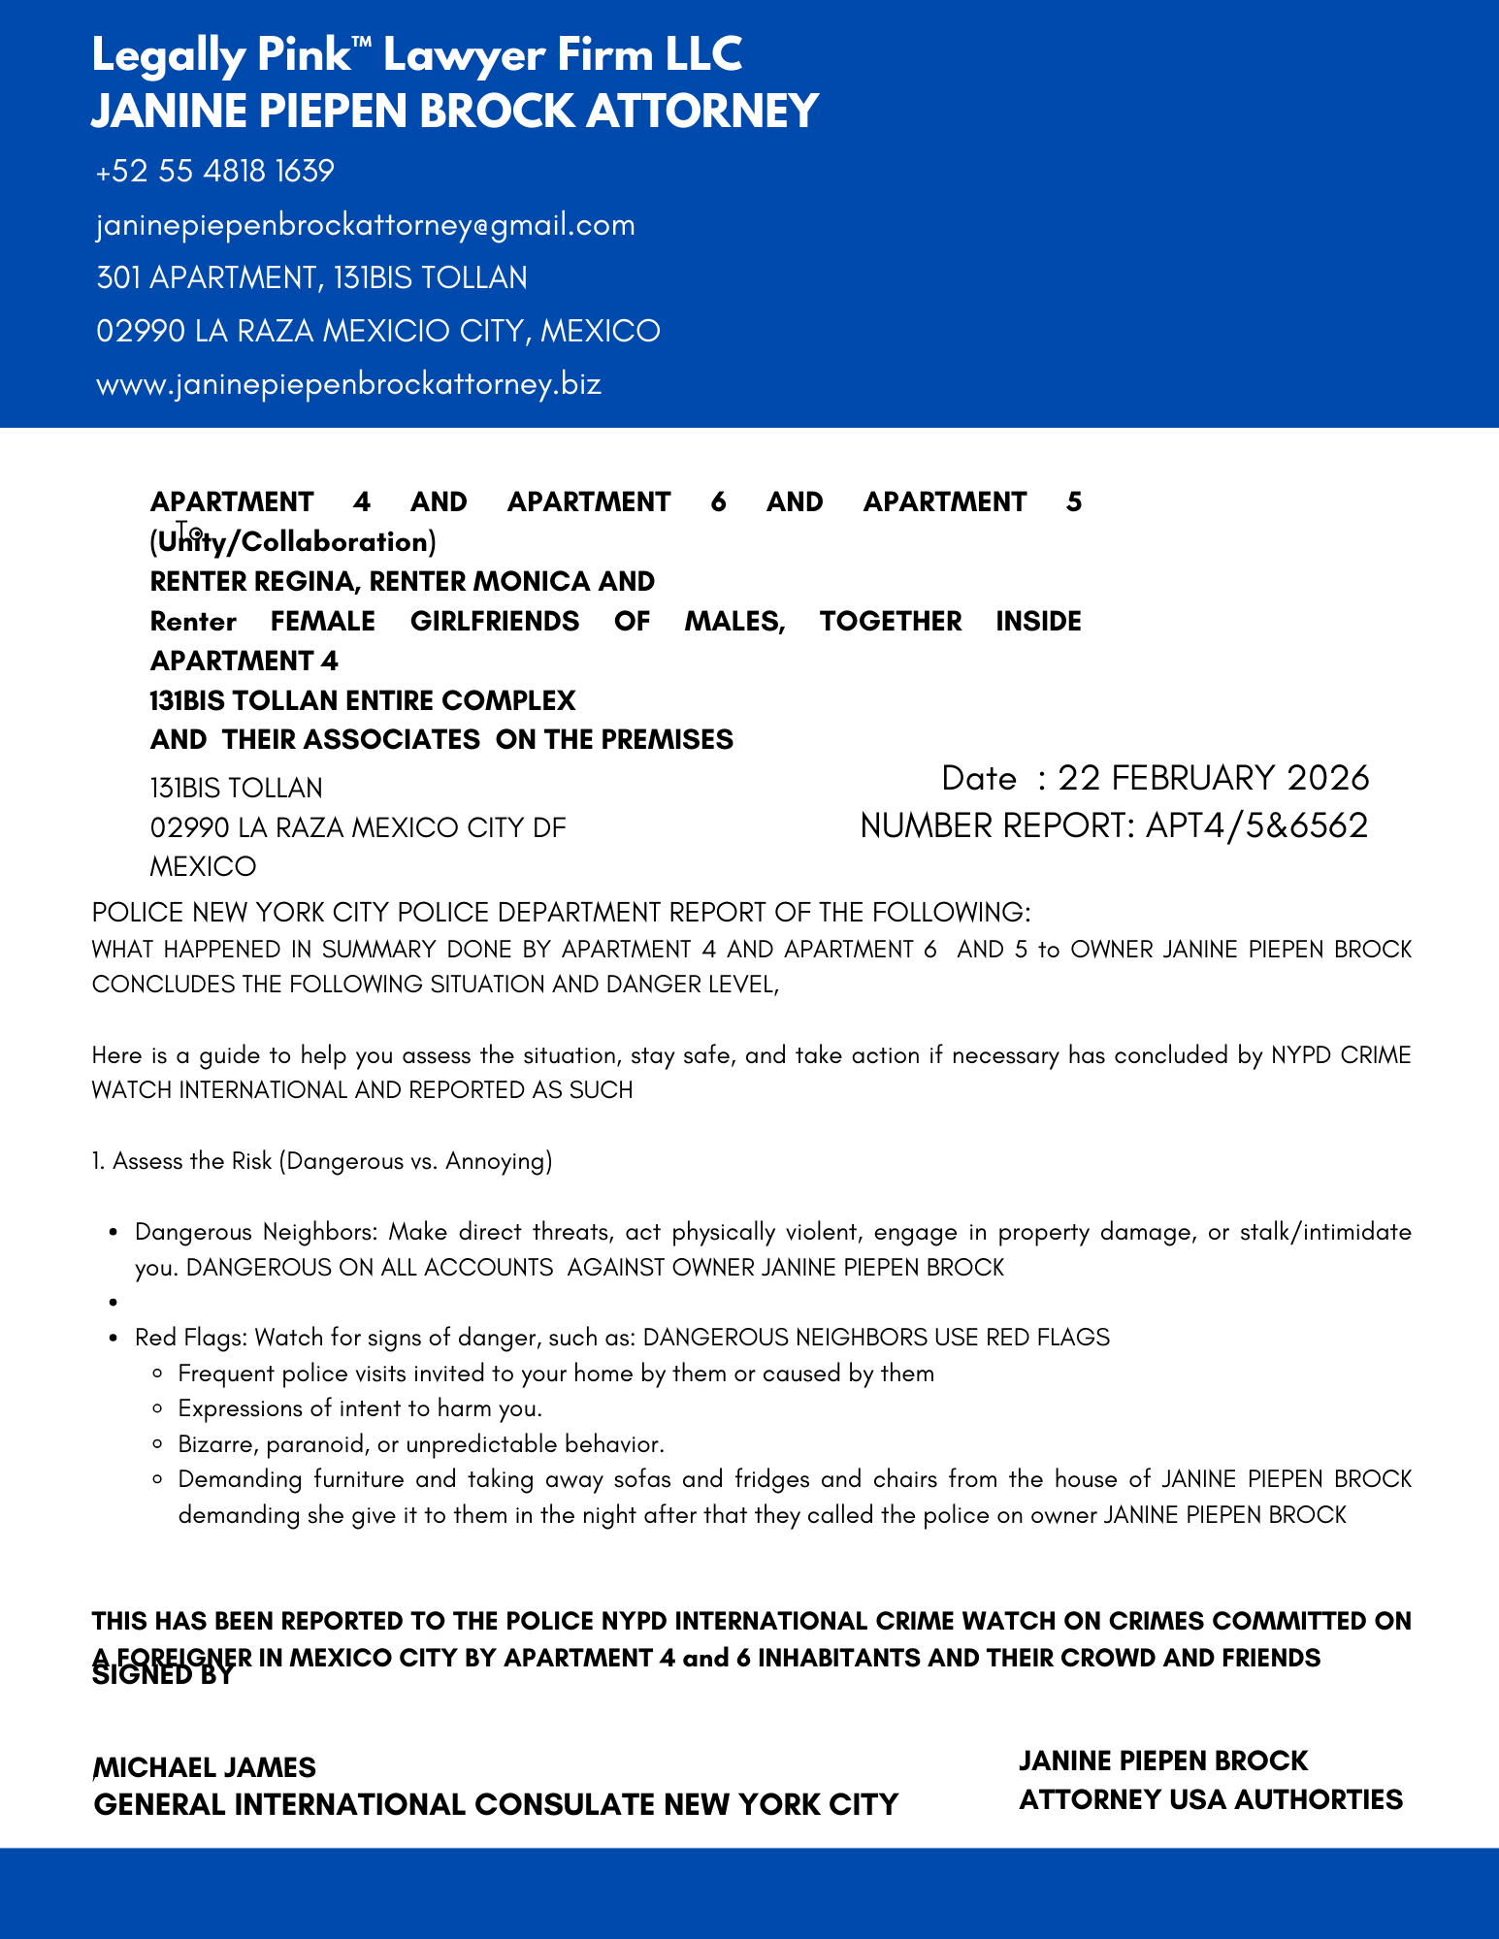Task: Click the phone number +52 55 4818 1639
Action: tap(215, 172)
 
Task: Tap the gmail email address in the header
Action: tap(366, 225)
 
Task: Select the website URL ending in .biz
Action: tap(349, 384)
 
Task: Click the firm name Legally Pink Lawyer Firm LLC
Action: tap(417, 55)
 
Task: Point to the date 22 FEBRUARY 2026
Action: tap(1213, 778)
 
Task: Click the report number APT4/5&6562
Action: tap(1256, 825)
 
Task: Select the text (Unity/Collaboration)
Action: tap(293, 541)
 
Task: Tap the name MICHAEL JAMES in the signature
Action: tap(205, 1766)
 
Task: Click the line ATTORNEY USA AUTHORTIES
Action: tap(1211, 1799)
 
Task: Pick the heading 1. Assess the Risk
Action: tap(322, 1161)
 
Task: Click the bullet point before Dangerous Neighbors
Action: tap(114, 1233)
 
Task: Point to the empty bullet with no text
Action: tap(114, 1303)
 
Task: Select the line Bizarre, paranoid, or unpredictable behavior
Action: tap(421, 1444)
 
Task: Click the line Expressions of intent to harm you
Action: tap(360, 1408)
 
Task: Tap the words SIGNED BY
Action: tap(163, 1676)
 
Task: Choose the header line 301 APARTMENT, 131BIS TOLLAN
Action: tap(312, 278)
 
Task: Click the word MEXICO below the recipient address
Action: tap(204, 866)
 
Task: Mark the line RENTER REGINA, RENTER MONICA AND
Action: tap(403, 581)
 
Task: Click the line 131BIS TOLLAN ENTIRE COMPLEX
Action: tap(363, 700)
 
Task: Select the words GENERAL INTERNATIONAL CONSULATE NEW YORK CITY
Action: tap(496, 1804)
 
